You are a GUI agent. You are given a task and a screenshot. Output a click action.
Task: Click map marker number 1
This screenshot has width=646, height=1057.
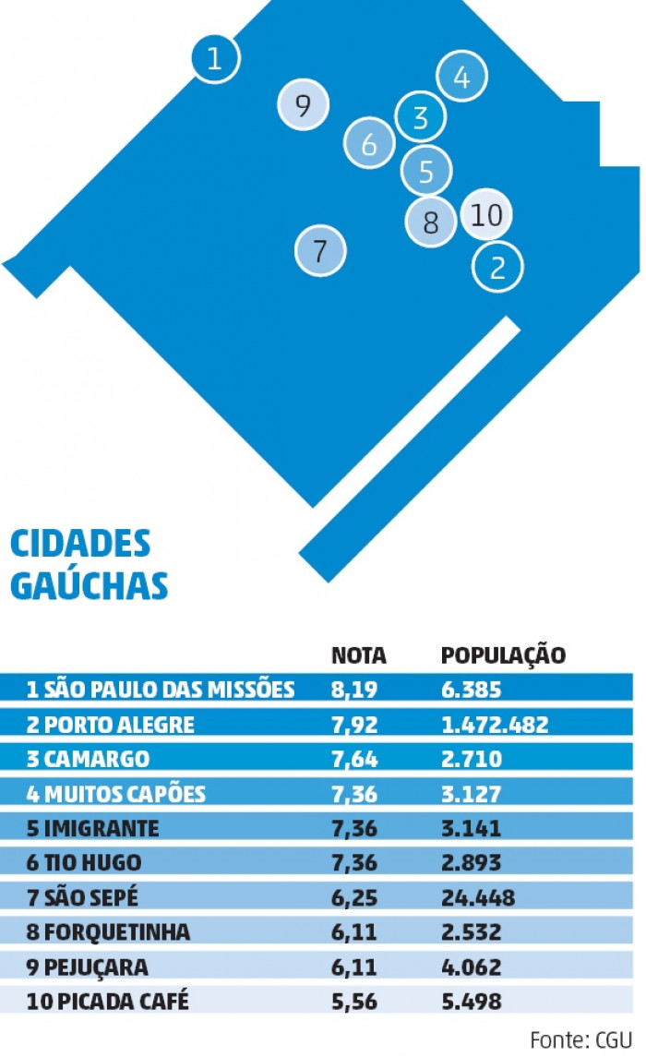[x=215, y=59]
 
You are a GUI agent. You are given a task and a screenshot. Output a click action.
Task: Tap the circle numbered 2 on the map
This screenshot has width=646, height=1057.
[x=497, y=267]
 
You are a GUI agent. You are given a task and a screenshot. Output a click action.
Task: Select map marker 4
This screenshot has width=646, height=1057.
[x=461, y=78]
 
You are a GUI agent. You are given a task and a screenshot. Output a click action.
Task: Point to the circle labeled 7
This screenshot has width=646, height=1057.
[x=320, y=250]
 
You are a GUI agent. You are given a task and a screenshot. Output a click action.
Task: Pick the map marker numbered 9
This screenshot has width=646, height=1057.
[x=303, y=105]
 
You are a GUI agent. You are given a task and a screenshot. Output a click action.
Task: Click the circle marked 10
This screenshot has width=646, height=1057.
[x=486, y=214]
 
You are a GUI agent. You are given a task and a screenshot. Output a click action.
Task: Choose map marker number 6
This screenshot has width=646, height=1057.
[x=369, y=143]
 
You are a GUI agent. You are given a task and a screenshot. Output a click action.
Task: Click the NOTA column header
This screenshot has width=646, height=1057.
[x=359, y=655]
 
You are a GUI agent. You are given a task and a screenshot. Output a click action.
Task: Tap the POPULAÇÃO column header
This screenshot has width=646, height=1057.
[x=503, y=655]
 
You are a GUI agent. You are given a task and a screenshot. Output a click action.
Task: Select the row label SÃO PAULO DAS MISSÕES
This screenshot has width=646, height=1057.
[x=161, y=689]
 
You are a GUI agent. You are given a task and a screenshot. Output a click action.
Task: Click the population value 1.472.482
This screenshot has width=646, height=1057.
[x=495, y=724]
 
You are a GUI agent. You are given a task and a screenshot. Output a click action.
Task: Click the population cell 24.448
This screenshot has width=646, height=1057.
[x=478, y=898]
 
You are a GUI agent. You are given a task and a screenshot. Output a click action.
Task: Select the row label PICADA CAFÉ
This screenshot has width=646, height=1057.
[x=107, y=1001]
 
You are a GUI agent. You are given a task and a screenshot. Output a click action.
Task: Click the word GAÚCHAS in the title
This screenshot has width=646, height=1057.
[x=90, y=585]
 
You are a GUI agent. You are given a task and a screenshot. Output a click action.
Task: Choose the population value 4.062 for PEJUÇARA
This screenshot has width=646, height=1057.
[x=472, y=967]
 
